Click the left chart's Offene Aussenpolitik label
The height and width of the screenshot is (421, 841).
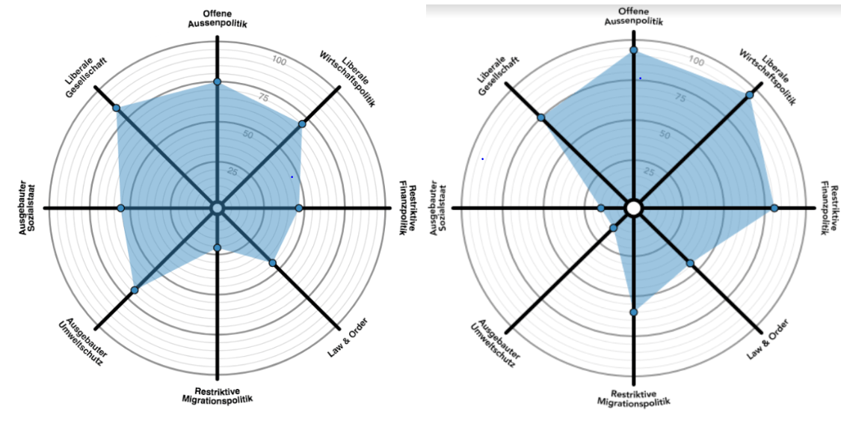coord(217,18)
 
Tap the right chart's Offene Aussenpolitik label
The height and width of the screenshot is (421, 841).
coord(633,16)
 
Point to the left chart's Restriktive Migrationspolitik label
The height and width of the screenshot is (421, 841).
coord(217,396)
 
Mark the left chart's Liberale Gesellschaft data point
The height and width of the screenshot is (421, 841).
coord(117,108)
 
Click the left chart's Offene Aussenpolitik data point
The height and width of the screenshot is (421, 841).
coord(217,82)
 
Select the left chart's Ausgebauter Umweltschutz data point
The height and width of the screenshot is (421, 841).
coord(135,289)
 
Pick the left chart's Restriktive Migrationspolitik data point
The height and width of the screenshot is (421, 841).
coord(217,248)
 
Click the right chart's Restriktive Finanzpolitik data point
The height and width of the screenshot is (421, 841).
coord(774,208)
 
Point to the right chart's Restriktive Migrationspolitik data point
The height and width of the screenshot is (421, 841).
coord(633,312)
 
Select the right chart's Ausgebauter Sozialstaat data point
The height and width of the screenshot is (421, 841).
coord(601,208)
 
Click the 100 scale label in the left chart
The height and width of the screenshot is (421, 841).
coord(279,61)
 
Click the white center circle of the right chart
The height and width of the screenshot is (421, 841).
coord(633,208)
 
